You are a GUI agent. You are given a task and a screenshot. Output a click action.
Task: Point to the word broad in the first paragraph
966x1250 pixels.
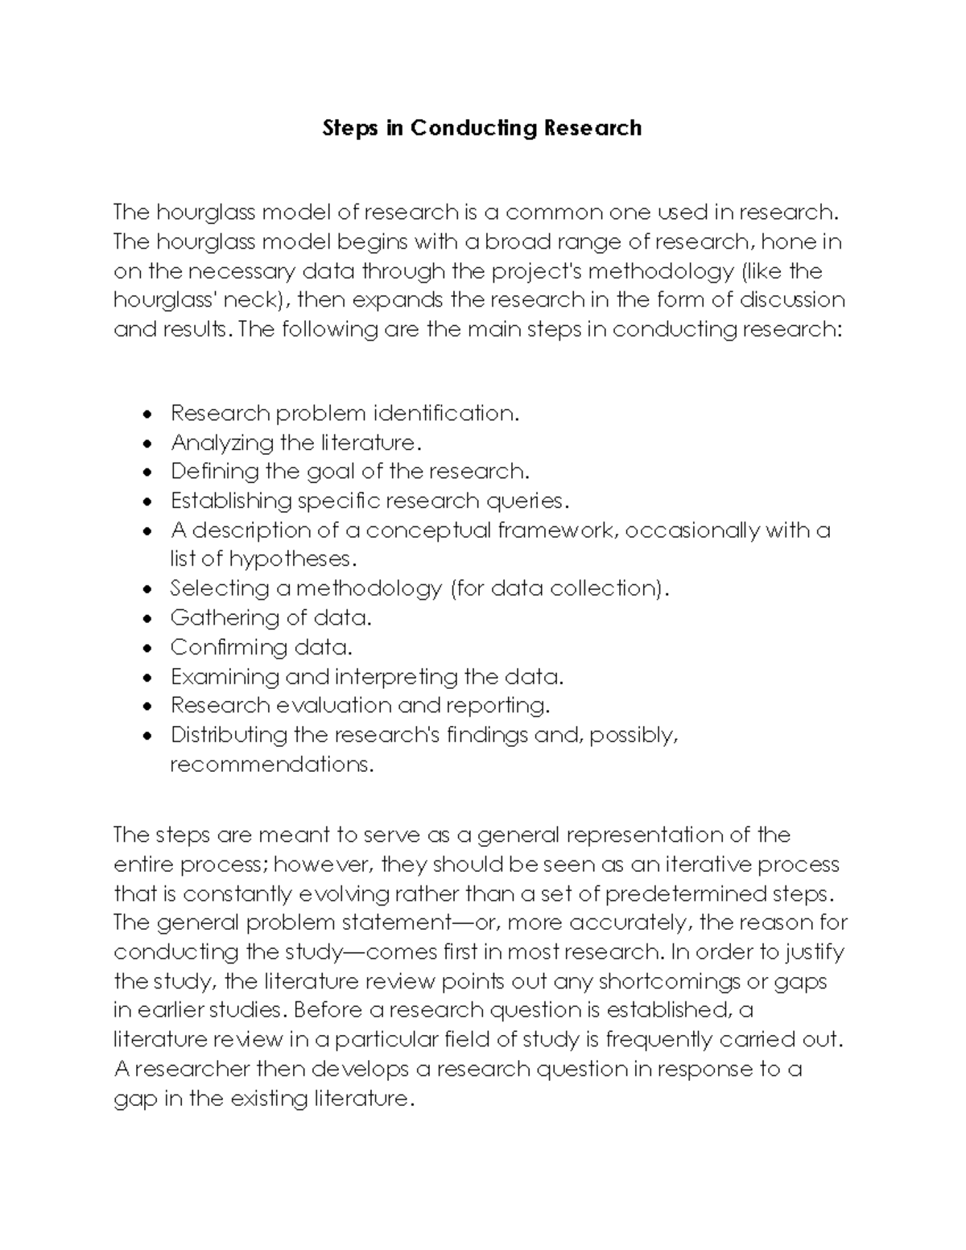[517, 241]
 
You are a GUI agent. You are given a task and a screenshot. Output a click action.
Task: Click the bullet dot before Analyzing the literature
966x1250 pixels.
[145, 443]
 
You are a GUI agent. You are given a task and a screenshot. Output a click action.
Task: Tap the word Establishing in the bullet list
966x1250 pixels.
[231, 501]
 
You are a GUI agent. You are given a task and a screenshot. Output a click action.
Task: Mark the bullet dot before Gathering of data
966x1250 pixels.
[145, 619]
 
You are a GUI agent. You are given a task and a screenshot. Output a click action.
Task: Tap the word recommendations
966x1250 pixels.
[271, 764]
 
